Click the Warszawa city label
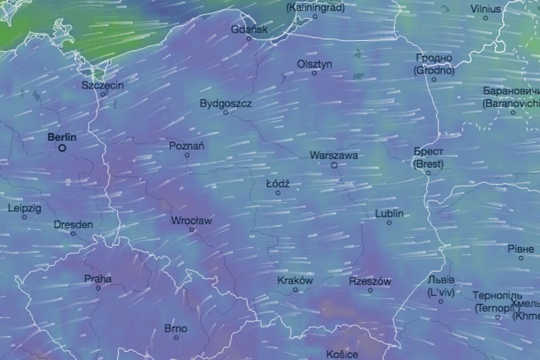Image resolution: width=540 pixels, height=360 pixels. coord(333,155)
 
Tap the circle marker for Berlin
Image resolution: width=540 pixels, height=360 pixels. coord(62,148)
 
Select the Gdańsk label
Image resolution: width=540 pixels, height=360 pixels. coord(249,30)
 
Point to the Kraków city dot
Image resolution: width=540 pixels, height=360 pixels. coord(296,290)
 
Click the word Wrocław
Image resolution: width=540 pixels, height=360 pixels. coord(192,221)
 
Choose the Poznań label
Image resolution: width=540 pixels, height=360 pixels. coord(187,146)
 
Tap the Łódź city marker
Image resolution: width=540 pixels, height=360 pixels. coord(277,192)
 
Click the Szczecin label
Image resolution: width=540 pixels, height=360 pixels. coord(103,85)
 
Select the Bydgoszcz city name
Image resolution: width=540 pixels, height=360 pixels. coord(225,103)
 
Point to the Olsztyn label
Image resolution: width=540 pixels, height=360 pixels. coord(315,63)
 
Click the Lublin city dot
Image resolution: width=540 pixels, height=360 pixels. coord(389,223)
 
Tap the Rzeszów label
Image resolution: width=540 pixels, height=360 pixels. coord(370,281)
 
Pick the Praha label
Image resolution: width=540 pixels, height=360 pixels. coord(98,278)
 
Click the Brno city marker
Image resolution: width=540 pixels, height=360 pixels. coord(176,338)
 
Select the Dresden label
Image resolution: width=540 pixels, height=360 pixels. coord(73,224)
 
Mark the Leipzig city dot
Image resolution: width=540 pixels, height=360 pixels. coord(24,217)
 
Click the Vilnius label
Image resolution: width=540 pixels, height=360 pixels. coord(486,9)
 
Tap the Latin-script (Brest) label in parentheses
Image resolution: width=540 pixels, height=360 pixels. coord(428,163)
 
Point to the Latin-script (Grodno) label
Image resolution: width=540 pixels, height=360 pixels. coord(434,70)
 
